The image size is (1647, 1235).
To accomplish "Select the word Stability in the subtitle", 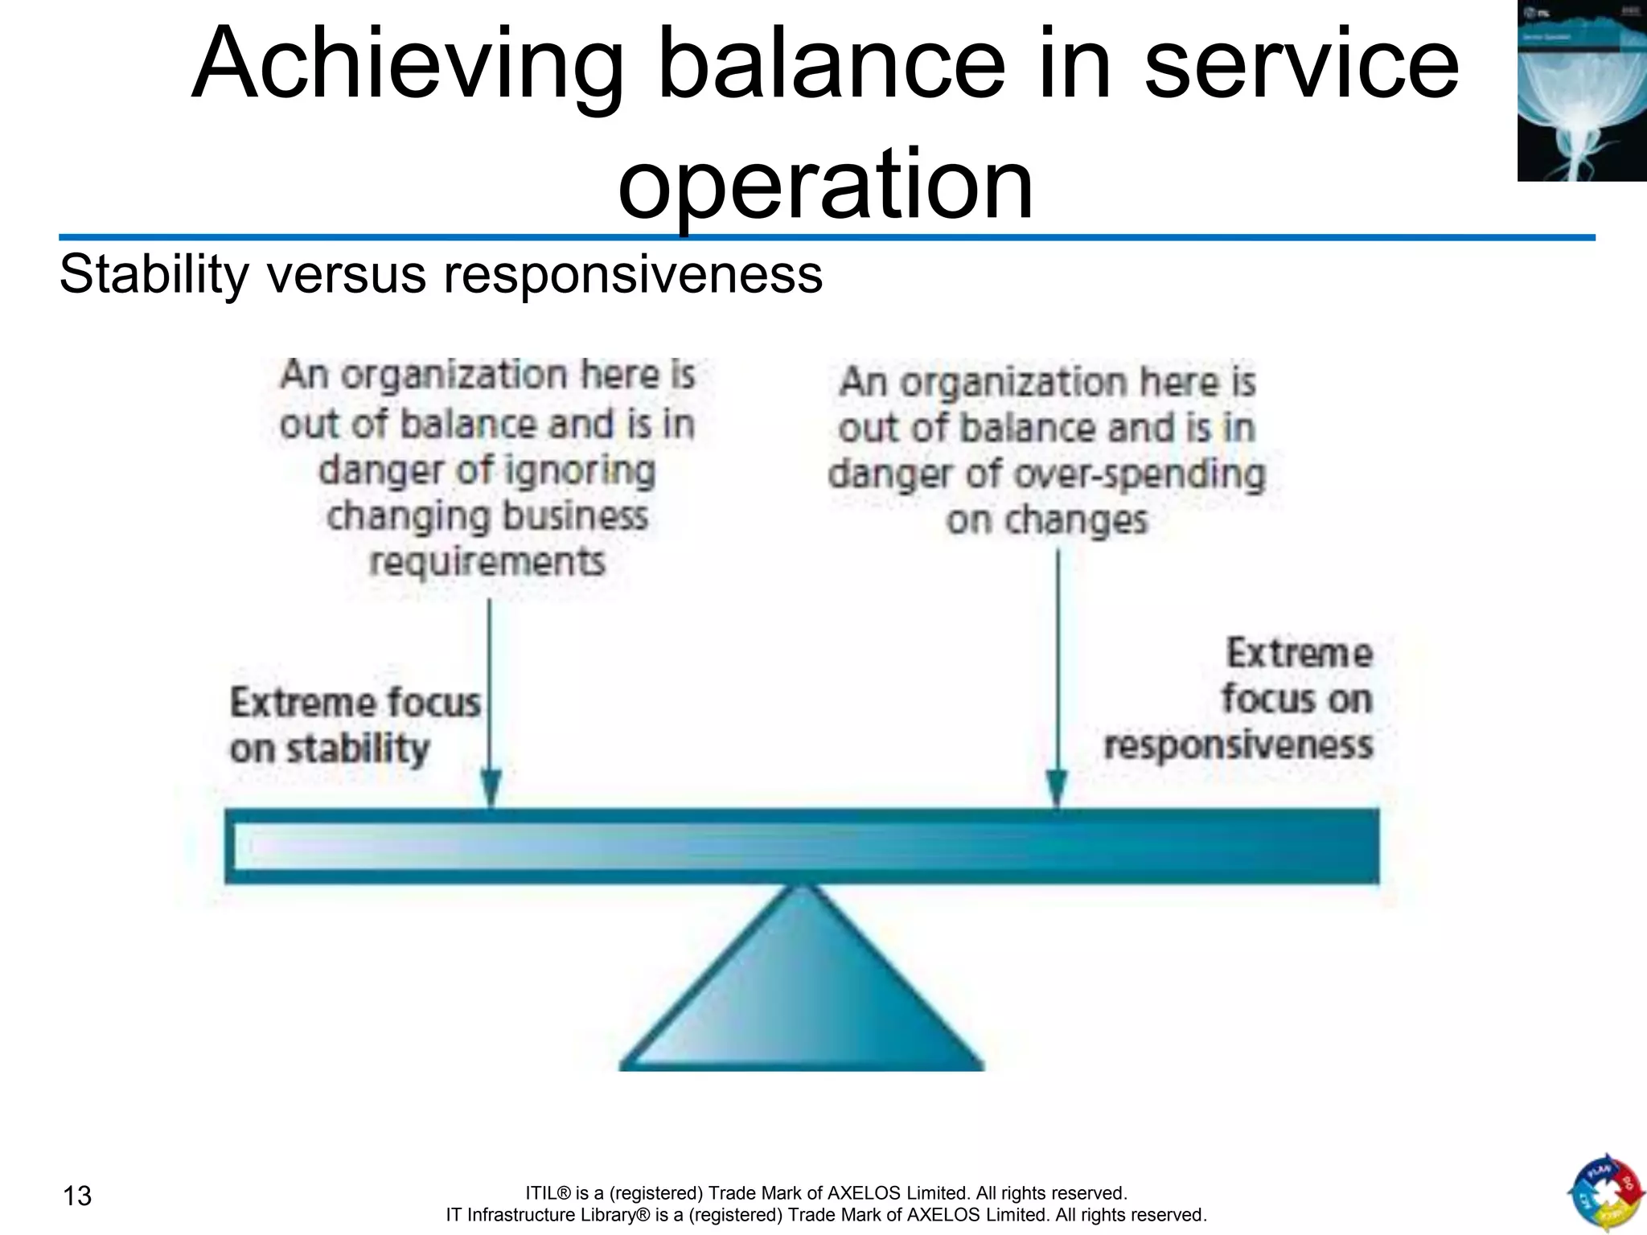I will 154,274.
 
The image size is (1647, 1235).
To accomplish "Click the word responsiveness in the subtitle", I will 633,274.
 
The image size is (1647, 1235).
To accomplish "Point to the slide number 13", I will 77,1196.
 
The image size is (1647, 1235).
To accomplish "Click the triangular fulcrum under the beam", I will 802,997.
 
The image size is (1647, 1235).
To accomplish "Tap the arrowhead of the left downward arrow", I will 491,788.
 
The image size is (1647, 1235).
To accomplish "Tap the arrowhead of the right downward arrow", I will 1057,788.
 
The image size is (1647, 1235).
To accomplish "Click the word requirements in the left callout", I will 487,561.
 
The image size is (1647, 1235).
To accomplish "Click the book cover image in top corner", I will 1581,90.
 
